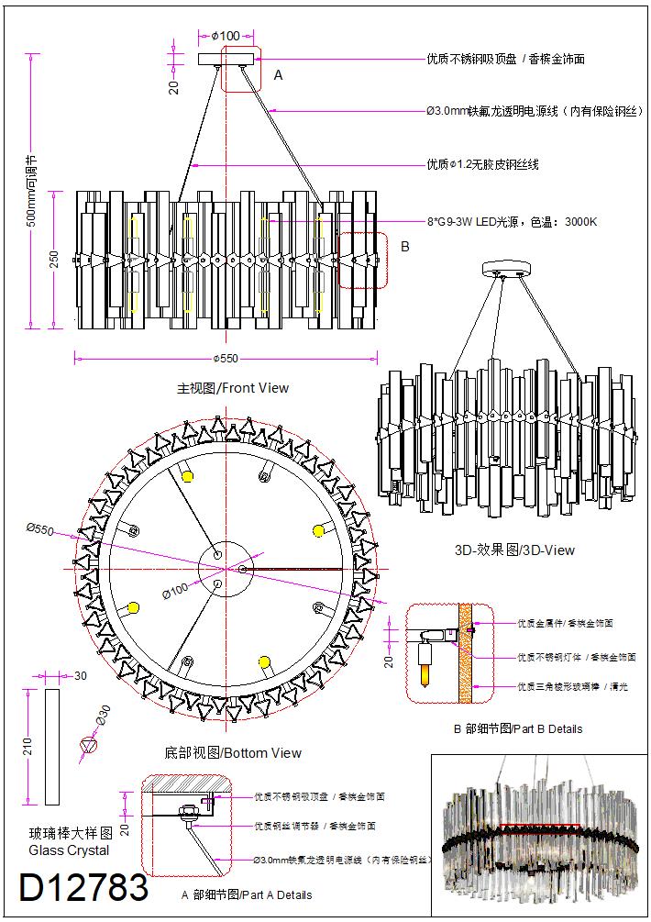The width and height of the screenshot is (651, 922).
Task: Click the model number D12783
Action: pyautogui.click(x=83, y=887)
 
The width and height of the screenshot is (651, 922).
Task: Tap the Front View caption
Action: pyautogui.click(x=233, y=388)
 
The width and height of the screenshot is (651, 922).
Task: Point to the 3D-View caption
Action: pyautogui.click(x=514, y=550)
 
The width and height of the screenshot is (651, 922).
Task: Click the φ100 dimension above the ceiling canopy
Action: pyautogui.click(x=226, y=36)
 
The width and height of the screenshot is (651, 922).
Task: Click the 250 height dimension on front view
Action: pyautogui.click(x=53, y=260)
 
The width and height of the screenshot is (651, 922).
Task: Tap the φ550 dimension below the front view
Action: pyautogui.click(x=226, y=358)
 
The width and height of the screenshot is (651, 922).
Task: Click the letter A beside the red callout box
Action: pyautogui.click(x=278, y=76)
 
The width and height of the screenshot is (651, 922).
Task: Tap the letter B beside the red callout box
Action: pyautogui.click(x=405, y=247)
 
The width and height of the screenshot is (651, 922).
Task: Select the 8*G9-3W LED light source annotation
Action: pyautogui.click(x=512, y=222)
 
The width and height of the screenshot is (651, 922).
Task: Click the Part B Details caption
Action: pyautogui.click(x=518, y=729)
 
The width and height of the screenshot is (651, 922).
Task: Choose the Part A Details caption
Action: pyautogui.click(x=247, y=894)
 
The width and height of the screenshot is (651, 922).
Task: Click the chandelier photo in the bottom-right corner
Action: pyautogui.click(x=539, y=835)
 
